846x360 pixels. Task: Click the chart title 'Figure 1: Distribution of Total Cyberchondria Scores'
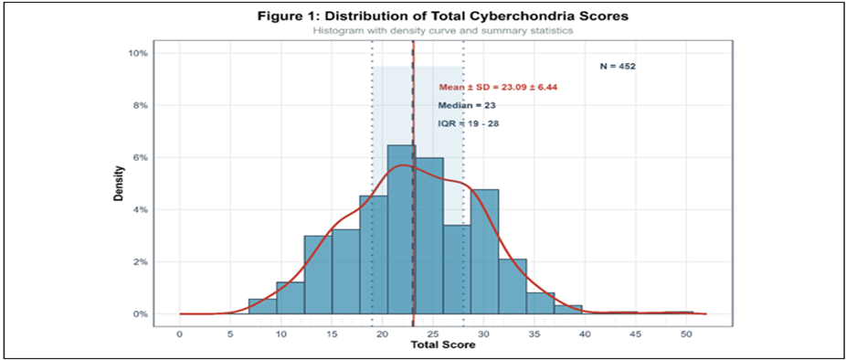pos(442,16)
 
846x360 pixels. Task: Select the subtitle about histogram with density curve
pos(442,31)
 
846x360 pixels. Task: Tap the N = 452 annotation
pos(619,67)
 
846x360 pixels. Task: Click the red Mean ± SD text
pos(498,87)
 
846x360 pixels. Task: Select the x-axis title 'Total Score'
pos(443,344)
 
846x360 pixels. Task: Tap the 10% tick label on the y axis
pos(138,53)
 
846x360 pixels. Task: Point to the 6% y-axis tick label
pos(141,157)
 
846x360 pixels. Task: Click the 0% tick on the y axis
pos(141,314)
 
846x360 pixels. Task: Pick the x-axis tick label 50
pos(686,334)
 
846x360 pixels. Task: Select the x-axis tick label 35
pos(534,334)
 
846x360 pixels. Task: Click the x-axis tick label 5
pos(230,334)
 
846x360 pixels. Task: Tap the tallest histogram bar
pos(401,229)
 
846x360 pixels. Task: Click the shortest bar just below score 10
pos(263,307)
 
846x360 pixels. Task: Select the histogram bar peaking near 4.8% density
pos(484,251)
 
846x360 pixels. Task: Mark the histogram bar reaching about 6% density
pos(429,236)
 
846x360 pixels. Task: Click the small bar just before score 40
pos(568,310)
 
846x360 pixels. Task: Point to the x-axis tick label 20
pos(382,334)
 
